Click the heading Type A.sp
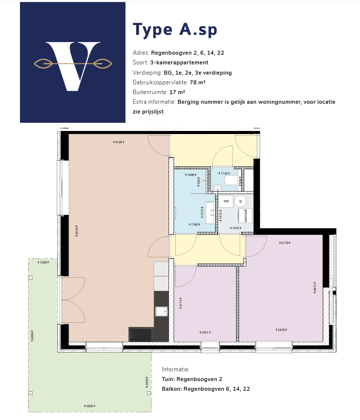click(175, 30)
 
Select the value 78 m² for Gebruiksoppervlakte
click(198, 82)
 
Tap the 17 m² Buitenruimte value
click(177, 92)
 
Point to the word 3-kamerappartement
click(179, 62)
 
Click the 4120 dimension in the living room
click(118, 142)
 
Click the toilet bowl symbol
click(232, 181)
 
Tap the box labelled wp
click(226, 201)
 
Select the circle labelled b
click(241, 201)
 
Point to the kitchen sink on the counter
click(161, 311)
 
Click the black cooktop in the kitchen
click(140, 335)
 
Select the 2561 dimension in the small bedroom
click(205, 332)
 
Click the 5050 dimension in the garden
click(90, 406)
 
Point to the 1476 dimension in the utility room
click(236, 228)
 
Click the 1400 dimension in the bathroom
click(192, 175)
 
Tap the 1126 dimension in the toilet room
click(224, 173)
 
